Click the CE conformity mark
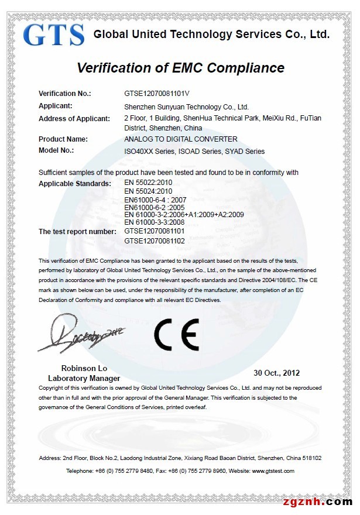pyautogui.click(x=176, y=334)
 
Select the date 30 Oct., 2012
pyautogui.click(x=276, y=373)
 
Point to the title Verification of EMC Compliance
pyautogui.click(x=180, y=67)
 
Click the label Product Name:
pyautogui.click(x=63, y=139)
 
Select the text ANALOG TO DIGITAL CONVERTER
pyautogui.click(x=181, y=139)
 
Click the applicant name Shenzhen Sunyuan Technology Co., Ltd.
pyautogui.click(x=187, y=107)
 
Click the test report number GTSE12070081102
pyautogui.click(x=155, y=241)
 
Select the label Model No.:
pyautogui.click(x=56, y=150)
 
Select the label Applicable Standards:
pyautogui.click(x=74, y=184)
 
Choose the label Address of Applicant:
pyautogui.click(x=74, y=119)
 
